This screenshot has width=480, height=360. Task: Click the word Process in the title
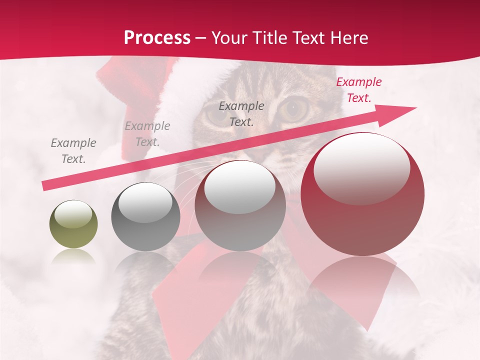tap(157, 38)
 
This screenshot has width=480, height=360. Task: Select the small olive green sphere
tap(73, 224)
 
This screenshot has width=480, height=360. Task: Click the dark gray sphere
tap(145, 217)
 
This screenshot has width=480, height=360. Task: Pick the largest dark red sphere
tap(362, 195)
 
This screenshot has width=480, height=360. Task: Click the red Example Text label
tap(358, 90)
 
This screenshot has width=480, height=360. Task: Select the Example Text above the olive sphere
tap(73, 151)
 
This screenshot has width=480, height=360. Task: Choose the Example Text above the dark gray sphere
tap(147, 134)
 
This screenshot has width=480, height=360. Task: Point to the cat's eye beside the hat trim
tap(215, 114)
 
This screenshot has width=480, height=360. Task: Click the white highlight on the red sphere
tap(361, 168)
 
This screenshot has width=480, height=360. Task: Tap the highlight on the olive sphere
tap(73, 215)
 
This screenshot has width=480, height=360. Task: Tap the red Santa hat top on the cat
tap(120, 75)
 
